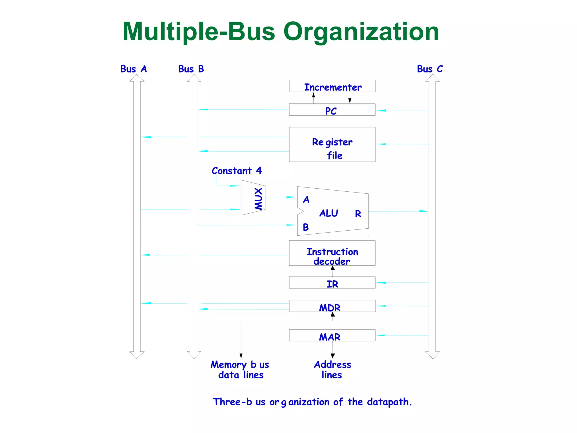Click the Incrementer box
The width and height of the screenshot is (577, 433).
(332, 86)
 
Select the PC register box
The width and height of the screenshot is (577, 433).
(332, 110)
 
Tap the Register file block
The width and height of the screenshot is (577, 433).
(332, 145)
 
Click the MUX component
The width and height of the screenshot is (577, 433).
(253, 198)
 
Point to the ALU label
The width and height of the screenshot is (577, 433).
(329, 213)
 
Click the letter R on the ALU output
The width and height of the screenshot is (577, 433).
(358, 214)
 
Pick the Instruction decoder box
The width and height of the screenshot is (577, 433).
(332, 253)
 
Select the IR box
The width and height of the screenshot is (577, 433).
(332, 283)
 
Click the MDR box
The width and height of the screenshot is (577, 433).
(332, 306)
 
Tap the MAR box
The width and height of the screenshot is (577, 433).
(332, 335)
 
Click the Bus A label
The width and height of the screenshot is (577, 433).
(134, 69)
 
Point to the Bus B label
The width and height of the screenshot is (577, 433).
(191, 69)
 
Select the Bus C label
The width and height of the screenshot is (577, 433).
(430, 69)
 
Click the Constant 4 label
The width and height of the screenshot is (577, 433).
(237, 171)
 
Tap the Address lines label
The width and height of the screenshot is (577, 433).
(332, 370)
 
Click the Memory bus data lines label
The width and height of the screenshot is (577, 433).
(240, 370)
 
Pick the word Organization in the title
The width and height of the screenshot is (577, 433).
(361, 32)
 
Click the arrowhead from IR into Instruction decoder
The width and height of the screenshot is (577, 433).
(333, 268)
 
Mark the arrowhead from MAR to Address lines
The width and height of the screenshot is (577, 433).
(333, 356)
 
